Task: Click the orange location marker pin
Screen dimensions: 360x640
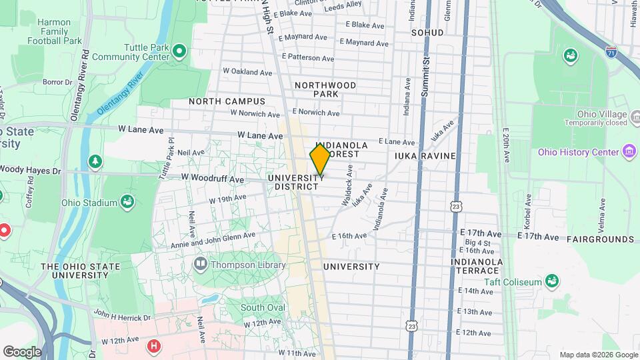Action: pos(320,159)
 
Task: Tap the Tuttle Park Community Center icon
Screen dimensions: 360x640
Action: pos(179,51)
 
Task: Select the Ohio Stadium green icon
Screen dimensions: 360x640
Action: pos(126,202)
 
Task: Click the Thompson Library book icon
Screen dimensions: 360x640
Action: pos(200,264)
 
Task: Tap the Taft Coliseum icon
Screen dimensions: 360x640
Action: pos(551,281)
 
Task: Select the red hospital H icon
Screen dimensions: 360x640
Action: pos(154,346)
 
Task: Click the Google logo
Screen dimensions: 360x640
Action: pos(22,352)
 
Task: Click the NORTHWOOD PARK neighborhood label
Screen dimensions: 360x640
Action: pos(325,89)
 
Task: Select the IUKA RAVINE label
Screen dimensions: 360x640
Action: pos(425,156)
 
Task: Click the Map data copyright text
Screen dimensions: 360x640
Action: pos(598,355)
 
